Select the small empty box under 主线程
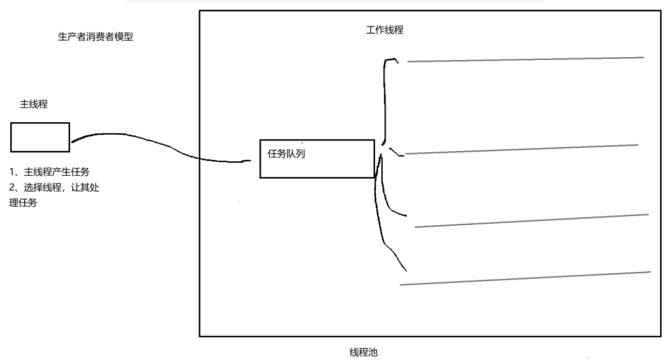(40, 137)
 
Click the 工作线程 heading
(385, 30)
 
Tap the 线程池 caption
(364, 353)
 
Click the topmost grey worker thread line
(525, 59)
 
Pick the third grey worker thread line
(531, 221)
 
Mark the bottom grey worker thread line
(525, 278)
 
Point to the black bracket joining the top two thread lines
(385, 102)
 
